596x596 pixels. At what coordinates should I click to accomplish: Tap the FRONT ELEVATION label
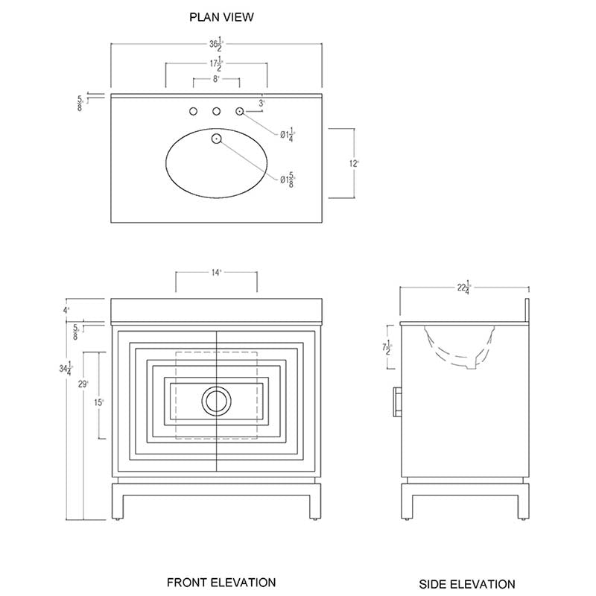tap(221, 582)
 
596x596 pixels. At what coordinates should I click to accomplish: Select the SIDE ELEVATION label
tap(466, 584)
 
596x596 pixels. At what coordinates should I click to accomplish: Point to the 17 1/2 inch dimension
tap(216, 64)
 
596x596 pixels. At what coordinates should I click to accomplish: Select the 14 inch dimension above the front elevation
tap(216, 273)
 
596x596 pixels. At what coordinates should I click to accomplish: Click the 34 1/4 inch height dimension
tap(69, 367)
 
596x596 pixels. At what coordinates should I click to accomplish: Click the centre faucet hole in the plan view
tap(217, 112)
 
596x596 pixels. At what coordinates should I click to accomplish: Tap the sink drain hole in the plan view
tap(217, 138)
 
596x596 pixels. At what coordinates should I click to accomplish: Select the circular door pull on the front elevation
tap(217, 402)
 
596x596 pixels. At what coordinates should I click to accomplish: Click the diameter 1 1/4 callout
tap(288, 136)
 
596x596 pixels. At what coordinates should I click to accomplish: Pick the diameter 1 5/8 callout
tap(288, 179)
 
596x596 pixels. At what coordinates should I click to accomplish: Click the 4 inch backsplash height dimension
tap(66, 310)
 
